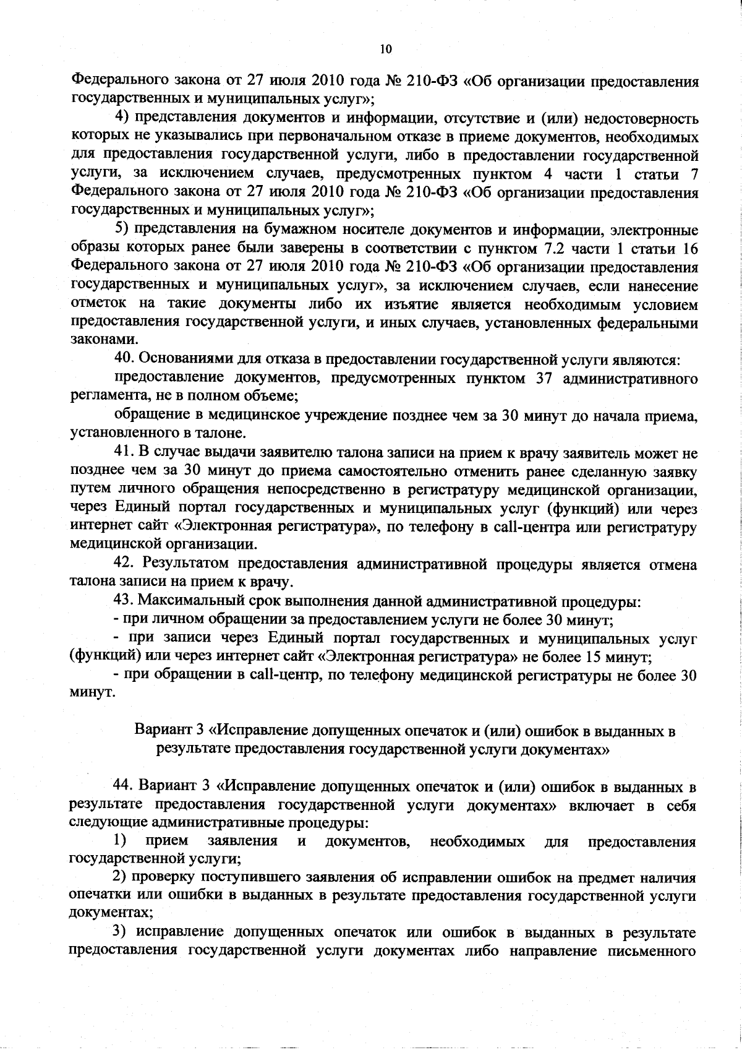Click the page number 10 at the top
tap(385, 49)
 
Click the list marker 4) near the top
tap(122, 118)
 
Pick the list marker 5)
tap(122, 231)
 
